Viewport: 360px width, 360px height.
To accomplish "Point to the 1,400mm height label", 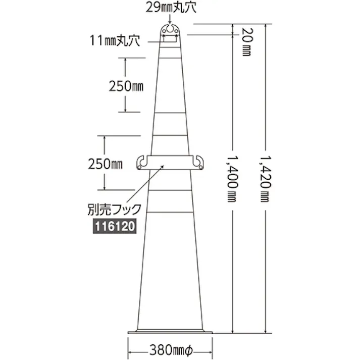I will pos(232,178).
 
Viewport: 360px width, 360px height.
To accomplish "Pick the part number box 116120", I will pos(114,227).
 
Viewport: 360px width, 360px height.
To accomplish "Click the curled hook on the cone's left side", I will pos(142,162).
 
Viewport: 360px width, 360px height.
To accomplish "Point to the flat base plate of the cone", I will pos(170,331).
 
